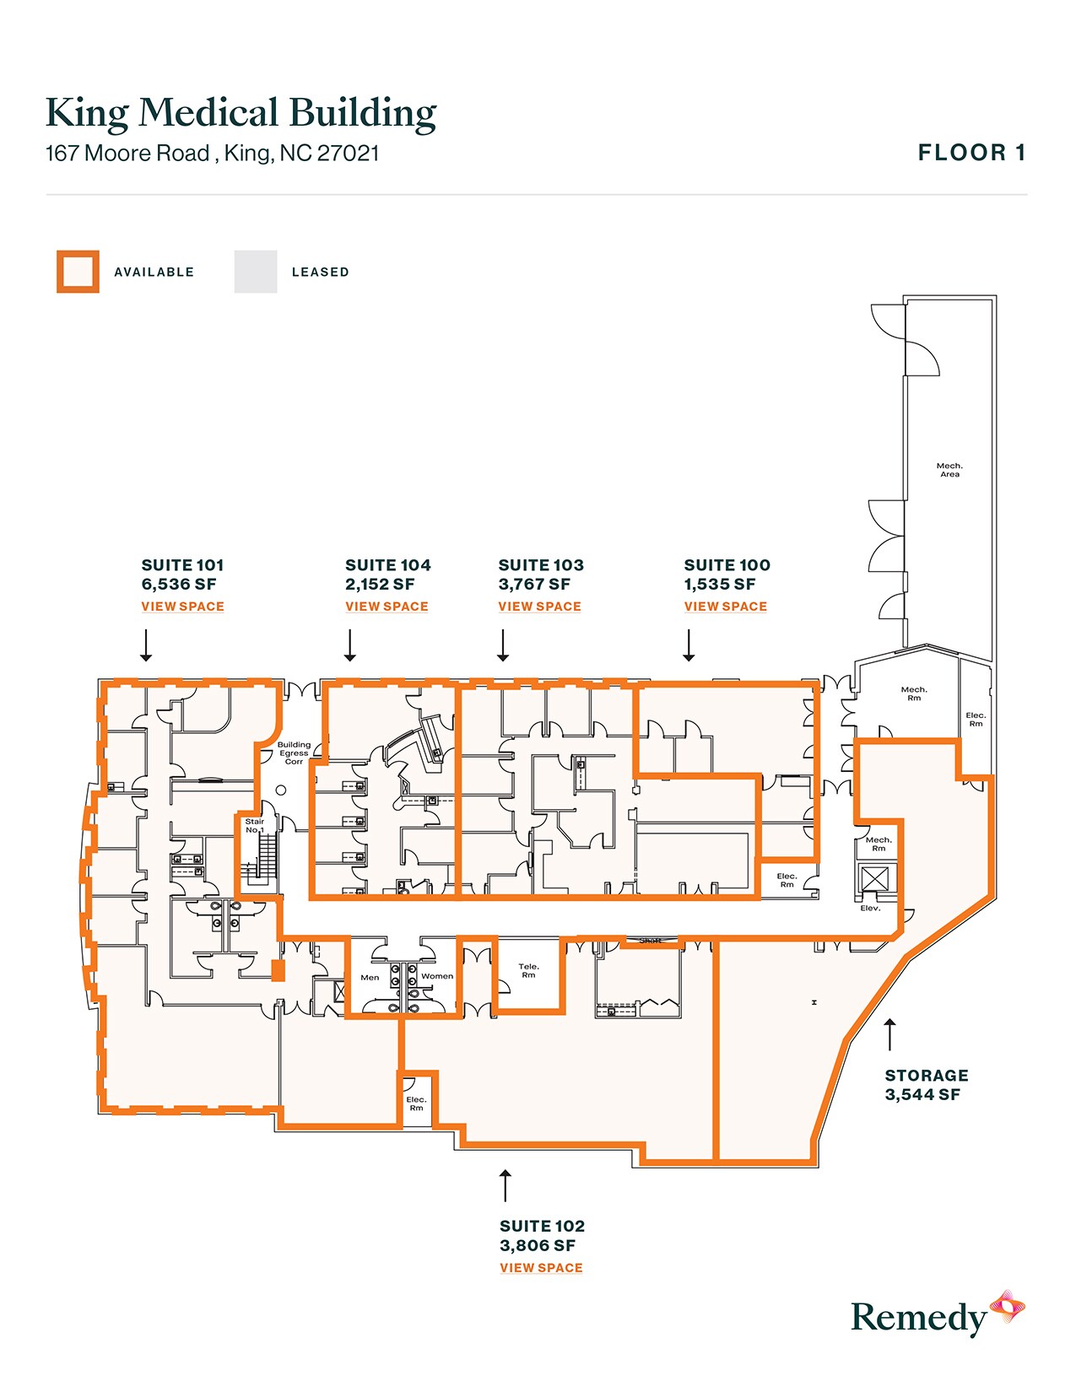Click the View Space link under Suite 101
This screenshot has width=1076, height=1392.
pyautogui.click(x=182, y=607)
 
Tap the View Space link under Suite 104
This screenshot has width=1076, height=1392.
pyautogui.click(x=387, y=607)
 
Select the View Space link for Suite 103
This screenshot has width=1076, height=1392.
pyautogui.click(x=539, y=607)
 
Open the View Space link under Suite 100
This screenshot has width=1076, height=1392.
pyautogui.click(x=725, y=607)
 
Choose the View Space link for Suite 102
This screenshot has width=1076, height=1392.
pyautogui.click(x=541, y=1268)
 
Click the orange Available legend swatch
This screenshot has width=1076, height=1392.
pyautogui.click(x=78, y=272)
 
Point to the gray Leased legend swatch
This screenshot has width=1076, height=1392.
pyautogui.click(x=256, y=272)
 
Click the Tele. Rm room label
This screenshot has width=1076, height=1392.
pyautogui.click(x=528, y=971)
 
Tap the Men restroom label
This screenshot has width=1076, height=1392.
pyautogui.click(x=370, y=978)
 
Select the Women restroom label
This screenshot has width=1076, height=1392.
pyautogui.click(x=437, y=977)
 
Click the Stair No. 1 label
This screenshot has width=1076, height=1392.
pyautogui.click(x=254, y=826)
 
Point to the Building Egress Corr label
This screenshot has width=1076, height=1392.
pyautogui.click(x=294, y=753)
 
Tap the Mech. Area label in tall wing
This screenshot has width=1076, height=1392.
pyautogui.click(x=949, y=470)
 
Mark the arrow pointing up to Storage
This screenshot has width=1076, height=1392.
pyautogui.click(x=889, y=1034)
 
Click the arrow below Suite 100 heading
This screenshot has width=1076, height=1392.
pyautogui.click(x=689, y=645)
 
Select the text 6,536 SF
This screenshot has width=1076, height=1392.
pyautogui.click(x=179, y=585)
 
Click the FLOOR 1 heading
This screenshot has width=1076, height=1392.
pyautogui.click(x=971, y=153)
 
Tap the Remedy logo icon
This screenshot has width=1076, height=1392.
pyautogui.click(x=1007, y=1307)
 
